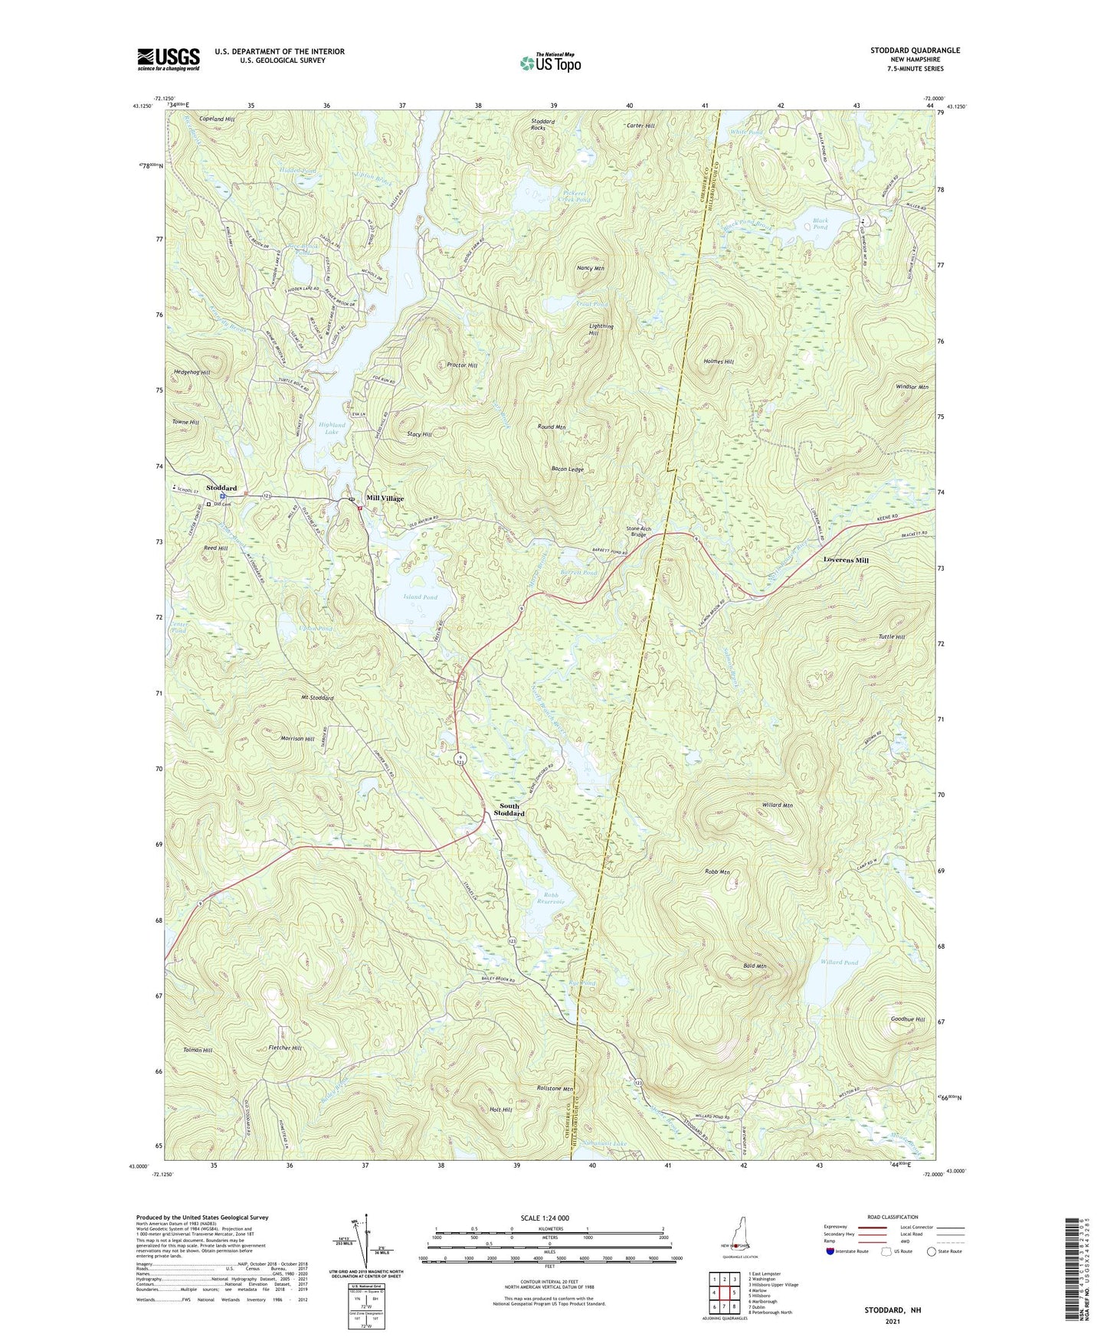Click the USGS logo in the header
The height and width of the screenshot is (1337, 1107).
[x=169, y=59]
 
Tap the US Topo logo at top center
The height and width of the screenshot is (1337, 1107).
[x=550, y=63]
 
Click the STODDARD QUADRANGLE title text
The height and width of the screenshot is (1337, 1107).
[x=915, y=51]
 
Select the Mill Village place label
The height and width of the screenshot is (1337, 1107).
[x=385, y=499]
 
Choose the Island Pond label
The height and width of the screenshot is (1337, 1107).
[x=420, y=597]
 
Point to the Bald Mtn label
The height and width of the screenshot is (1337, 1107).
[x=755, y=966]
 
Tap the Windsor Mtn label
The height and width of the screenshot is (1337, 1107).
[x=912, y=387]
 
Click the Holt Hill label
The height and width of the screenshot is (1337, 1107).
[x=500, y=1110]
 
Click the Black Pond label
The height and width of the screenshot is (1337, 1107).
[x=820, y=224]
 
